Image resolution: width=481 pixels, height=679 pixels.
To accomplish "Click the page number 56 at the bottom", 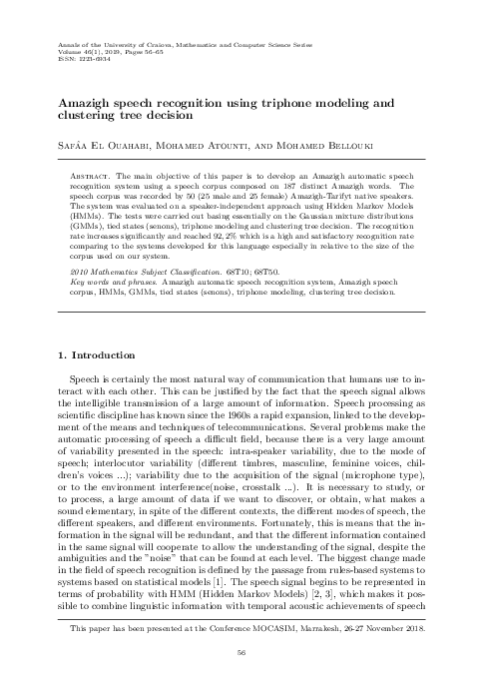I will pyautogui.click(x=240, y=653).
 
